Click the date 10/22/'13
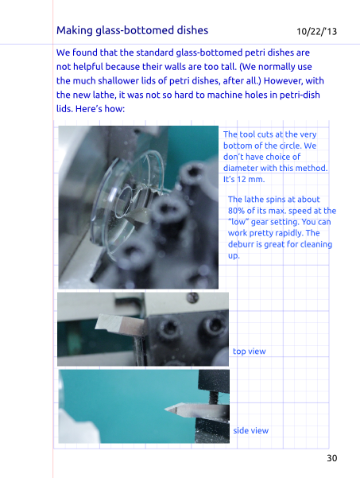click(317, 31)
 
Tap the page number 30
click(332, 458)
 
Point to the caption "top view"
click(250, 352)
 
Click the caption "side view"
click(250, 430)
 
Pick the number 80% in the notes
click(236, 211)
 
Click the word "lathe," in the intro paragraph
click(103, 95)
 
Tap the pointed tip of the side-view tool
click(165, 409)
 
